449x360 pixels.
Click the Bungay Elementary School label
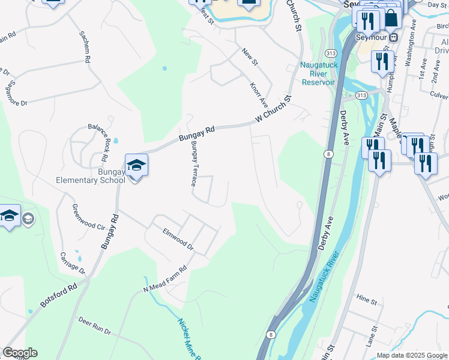click(90, 175)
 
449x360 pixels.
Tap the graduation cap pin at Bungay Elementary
click(136, 166)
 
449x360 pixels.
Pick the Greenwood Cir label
click(88, 220)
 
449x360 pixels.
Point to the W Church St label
click(273, 110)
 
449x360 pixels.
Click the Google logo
click(20, 353)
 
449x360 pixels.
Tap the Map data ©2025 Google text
click(412, 355)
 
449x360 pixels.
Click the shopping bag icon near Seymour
click(391, 17)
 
